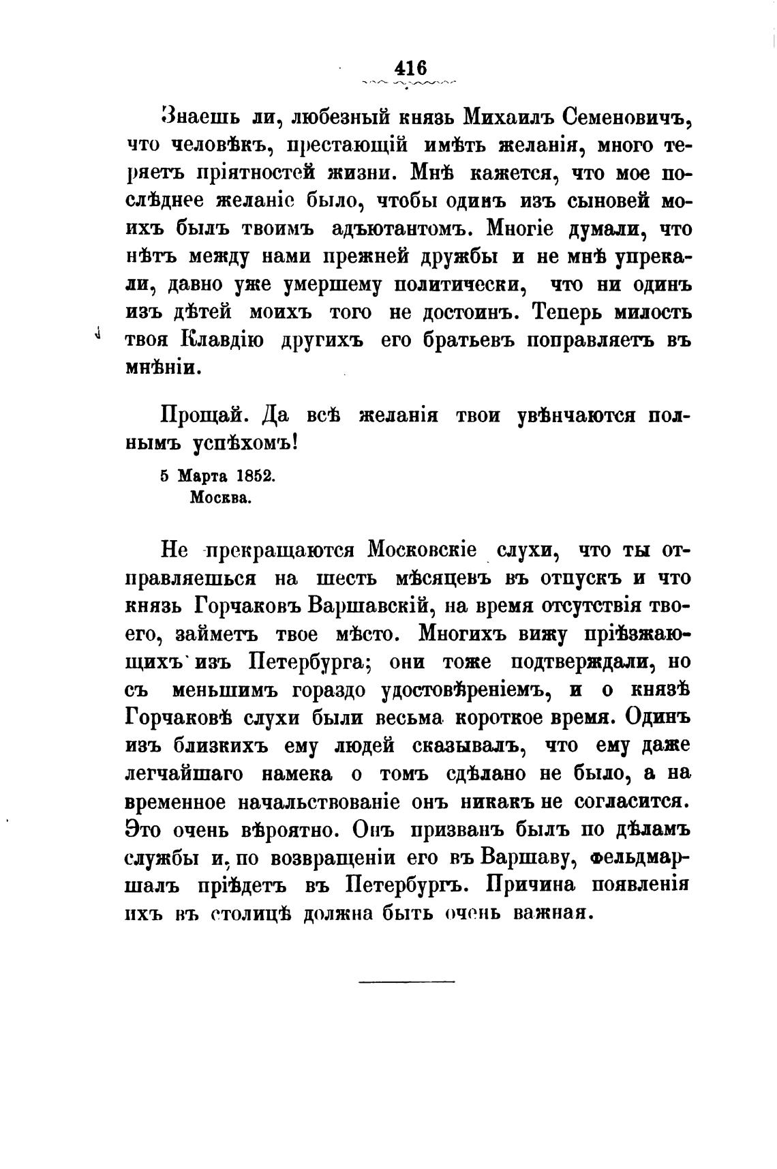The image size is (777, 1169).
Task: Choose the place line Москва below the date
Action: coord(221,497)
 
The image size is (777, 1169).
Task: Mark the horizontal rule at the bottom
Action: coord(406,981)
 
